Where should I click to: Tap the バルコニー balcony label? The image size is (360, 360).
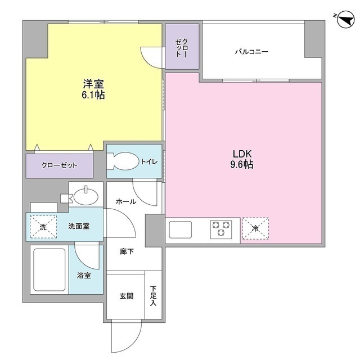click(251, 52)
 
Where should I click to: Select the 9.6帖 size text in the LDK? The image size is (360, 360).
click(243, 165)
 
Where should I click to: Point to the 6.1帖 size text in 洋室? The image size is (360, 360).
click(93, 95)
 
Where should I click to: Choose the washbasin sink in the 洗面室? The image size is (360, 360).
click(86, 197)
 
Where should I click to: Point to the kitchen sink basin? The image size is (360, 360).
click(181, 229)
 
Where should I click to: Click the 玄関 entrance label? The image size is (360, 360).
click(126, 296)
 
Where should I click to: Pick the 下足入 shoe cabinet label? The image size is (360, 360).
click(153, 296)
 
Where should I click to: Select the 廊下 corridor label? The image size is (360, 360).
click(126, 251)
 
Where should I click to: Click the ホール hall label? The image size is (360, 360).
click(126, 201)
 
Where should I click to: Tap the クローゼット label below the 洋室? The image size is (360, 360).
click(59, 166)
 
